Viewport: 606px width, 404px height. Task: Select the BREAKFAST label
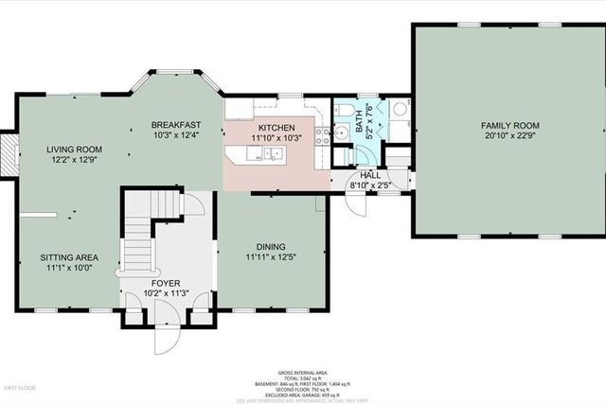click(177, 125)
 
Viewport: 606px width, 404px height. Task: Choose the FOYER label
click(167, 282)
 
